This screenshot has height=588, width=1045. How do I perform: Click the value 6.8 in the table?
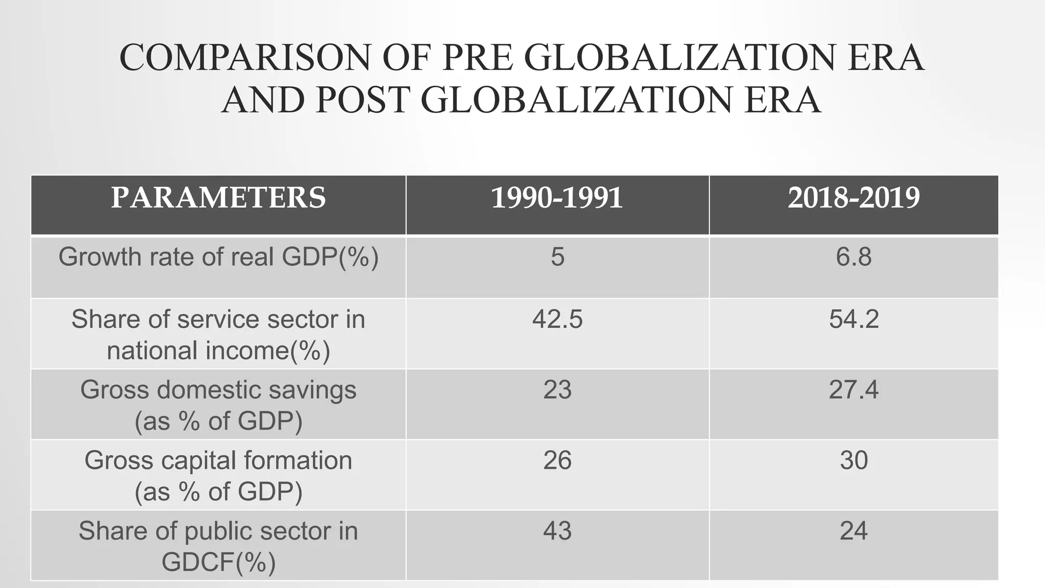854,256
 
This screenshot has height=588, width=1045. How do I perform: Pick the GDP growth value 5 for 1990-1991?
557,256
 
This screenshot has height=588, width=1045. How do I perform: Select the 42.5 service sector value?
557,320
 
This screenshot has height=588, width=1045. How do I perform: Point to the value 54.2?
854,320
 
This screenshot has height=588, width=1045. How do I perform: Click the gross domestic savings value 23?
557,390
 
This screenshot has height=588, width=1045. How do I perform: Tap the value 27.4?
854,390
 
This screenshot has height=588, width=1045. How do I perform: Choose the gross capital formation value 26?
557,460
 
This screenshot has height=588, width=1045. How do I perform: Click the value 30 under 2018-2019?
854,460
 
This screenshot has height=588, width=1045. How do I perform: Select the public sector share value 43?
557,531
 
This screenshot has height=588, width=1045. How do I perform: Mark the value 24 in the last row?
854,531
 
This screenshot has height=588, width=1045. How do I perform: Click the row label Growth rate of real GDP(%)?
218,256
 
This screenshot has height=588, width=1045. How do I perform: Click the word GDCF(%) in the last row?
218,562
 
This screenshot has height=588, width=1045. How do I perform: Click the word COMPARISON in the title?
245,57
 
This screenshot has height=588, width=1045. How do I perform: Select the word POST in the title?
362,100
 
